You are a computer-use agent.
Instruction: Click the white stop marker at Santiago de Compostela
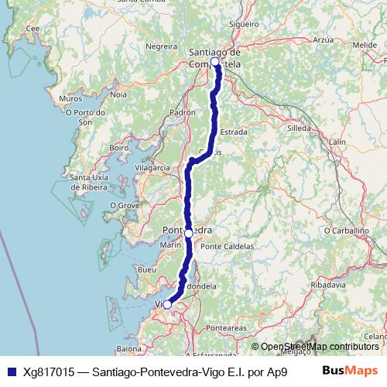tap(215, 61)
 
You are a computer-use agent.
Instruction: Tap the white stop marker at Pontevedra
tap(189, 233)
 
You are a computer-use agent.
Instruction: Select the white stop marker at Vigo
tap(167, 305)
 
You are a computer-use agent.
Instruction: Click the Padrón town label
tap(182, 111)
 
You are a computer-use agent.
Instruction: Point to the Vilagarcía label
tap(152, 167)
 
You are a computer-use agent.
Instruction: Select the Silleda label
tap(298, 127)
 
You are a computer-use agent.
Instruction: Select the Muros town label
tap(70, 99)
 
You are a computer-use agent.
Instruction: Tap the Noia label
tap(118, 94)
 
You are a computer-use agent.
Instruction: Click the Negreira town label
tap(161, 46)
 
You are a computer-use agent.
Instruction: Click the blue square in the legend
tap(9, 372)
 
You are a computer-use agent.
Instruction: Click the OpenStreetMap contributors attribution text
tap(320, 346)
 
